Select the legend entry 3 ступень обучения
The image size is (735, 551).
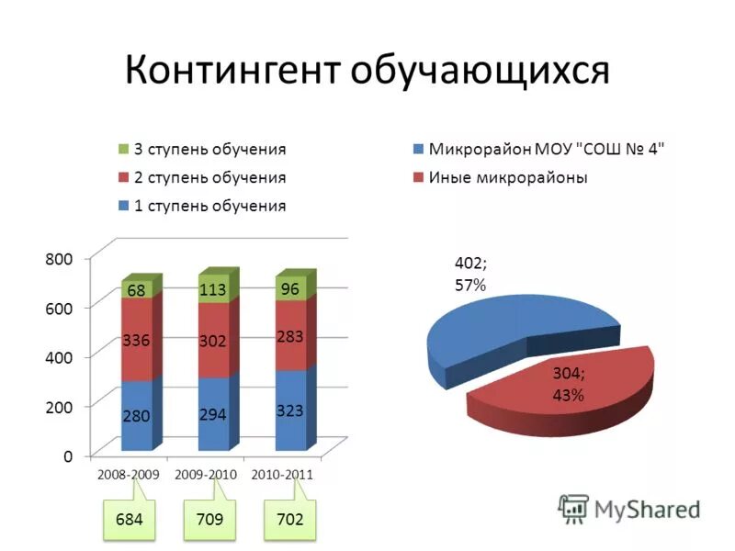209,149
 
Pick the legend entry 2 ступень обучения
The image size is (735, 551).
209,177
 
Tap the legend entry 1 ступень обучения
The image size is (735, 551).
209,206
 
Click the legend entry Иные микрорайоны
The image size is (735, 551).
507,177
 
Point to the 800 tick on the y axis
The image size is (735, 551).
58,259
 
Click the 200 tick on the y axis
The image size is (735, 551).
58,405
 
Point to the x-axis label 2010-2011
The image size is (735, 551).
282,475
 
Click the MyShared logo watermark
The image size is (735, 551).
628,509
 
